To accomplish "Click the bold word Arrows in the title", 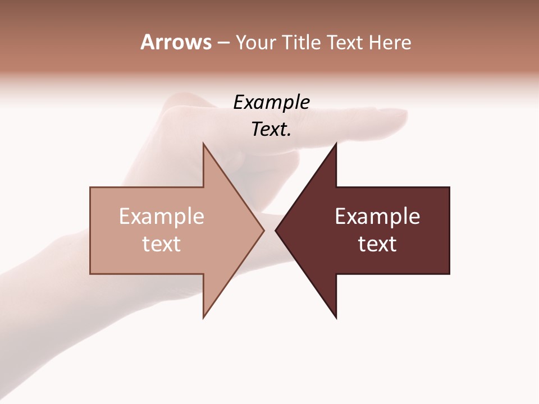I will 175,42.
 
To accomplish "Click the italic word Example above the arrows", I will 271,103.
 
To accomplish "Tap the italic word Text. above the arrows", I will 271,130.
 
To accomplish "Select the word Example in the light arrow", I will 162,217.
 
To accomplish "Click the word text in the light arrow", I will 162,244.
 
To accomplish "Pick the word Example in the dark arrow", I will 377,217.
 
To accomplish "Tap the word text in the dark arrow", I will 377,244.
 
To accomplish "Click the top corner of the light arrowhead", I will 203,144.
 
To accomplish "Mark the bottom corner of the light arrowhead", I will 203,317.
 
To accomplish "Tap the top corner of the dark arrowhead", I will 336,144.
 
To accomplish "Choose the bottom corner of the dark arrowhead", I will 336,317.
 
